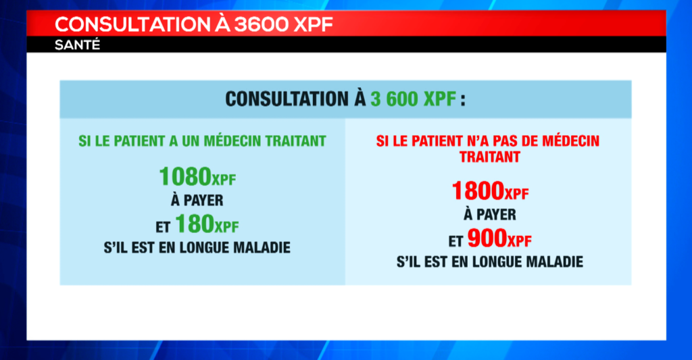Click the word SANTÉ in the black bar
pyautogui.click(x=77, y=45)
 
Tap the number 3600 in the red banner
pyautogui.click(x=261, y=25)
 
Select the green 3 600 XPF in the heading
pyautogui.click(x=413, y=99)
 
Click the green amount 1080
pyautogui.click(x=185, y=176)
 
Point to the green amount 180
pyautogui.click(x=195, y=224)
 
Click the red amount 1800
pyautogui.click(x=478, y=190)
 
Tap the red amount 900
pyautogui.click(x=487, y=238)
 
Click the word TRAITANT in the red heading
pyautogui.click(x=490, y=157)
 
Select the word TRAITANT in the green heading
pyautogui.click(x=296, y=141)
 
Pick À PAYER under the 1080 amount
pyautogui.click(x=197, y=201)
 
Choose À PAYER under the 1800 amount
pyautogui.click(x=490, y=214)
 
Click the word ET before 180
pyautogui.click(x=163, y=227)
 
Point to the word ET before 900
pyautogui.click(x=455, y=241)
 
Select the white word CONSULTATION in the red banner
pyautogui.click(x=132, y=25)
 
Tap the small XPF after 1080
pyautogui.click(x=224, y=180)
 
